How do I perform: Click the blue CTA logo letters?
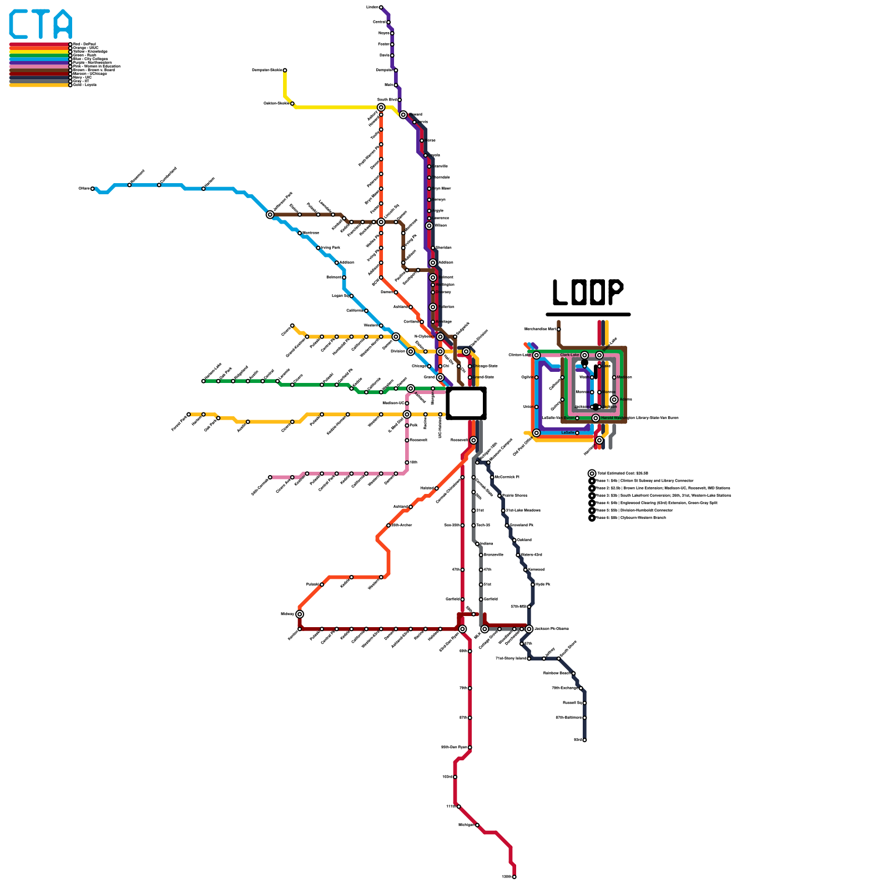click(41, 24)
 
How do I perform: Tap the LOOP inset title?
click(588, 292)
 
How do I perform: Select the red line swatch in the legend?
click(39, 44)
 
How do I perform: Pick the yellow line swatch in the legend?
click(39, 52)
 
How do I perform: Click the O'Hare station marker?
click(93, 189)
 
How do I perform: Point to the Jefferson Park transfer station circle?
click(270, 215)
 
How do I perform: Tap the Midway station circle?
click(300, 614)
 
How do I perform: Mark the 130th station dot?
click(514, 877)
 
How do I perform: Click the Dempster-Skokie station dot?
click(285, 70)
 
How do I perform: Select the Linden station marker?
click(381, 7)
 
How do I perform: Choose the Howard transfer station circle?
click(403, 115)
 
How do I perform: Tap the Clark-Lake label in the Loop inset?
click(569, 355)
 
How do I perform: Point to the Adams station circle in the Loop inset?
click(614, 400)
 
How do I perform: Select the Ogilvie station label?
click(527, 377)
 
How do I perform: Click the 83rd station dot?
click(584, 740)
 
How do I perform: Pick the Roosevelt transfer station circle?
click(473, 440)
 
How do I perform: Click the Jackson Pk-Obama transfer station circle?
click(529, 629)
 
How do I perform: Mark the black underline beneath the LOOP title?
click(588, 314)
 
